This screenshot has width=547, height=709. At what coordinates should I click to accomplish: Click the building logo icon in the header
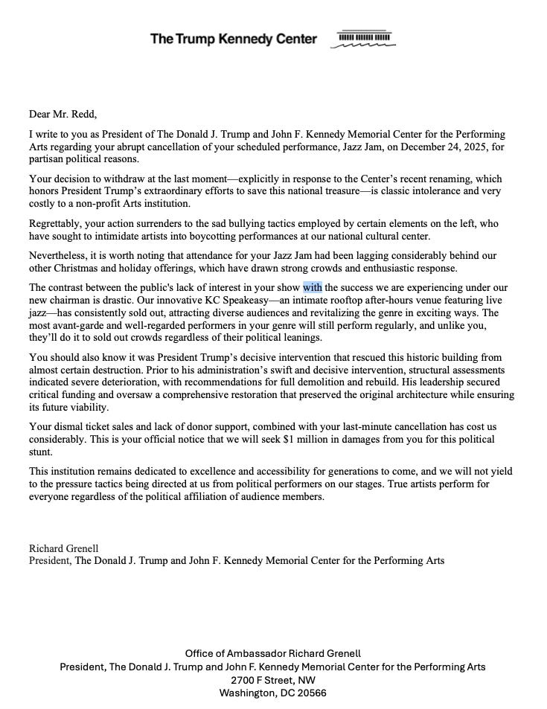(365, 39)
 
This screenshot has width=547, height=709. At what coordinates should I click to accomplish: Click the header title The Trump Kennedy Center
(233, 39)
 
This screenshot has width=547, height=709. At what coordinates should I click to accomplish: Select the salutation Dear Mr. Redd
(63, 114)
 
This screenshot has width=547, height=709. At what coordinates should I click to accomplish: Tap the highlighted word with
(313, 287)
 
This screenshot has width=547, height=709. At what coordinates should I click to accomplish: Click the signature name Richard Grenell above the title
(63, 548)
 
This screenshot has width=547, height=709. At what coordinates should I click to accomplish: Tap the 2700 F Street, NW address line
(272, 680)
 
